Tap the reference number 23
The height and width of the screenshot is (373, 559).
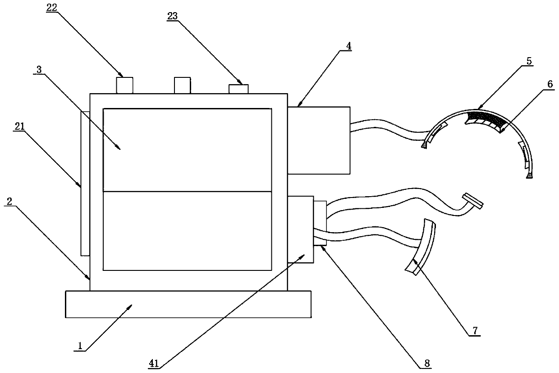[173, 16]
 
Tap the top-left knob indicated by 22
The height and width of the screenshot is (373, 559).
[125, 85]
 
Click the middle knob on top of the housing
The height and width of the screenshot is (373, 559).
[183, 85]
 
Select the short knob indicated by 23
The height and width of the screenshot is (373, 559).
[238, 89]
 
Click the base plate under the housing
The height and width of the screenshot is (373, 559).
[188, 304]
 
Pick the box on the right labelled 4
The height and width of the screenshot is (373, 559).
[319, 140]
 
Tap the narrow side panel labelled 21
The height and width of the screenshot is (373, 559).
[85, 183]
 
